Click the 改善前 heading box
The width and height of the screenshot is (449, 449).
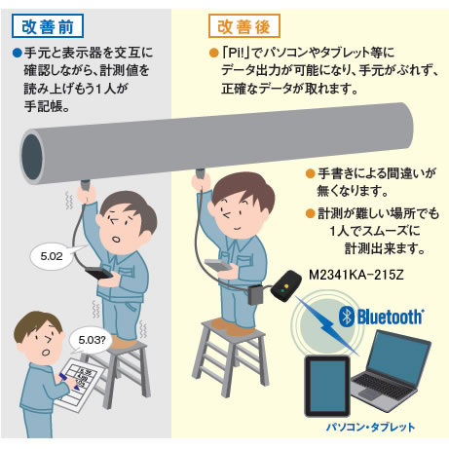[48, 26]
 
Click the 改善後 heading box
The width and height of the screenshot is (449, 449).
[244, 26]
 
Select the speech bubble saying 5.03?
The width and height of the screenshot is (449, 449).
[91, 340]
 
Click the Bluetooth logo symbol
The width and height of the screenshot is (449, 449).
[347, 317]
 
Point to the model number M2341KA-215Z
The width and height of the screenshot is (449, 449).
[355, 275]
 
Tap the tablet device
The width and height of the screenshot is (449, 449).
[327, 387]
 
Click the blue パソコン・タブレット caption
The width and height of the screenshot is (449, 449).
[370, 427]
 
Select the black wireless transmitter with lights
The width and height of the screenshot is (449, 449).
[286, 286]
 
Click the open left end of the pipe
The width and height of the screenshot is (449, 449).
[31, 157]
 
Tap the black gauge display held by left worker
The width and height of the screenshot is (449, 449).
[99, 273]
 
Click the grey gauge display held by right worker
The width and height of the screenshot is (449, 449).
[218, 265]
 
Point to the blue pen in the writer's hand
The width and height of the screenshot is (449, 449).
[69, 381]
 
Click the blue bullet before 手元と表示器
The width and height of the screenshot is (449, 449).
[17, 53]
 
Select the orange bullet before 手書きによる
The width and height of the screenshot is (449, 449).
[311, 173]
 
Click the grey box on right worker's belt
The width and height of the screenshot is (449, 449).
[256, 294]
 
